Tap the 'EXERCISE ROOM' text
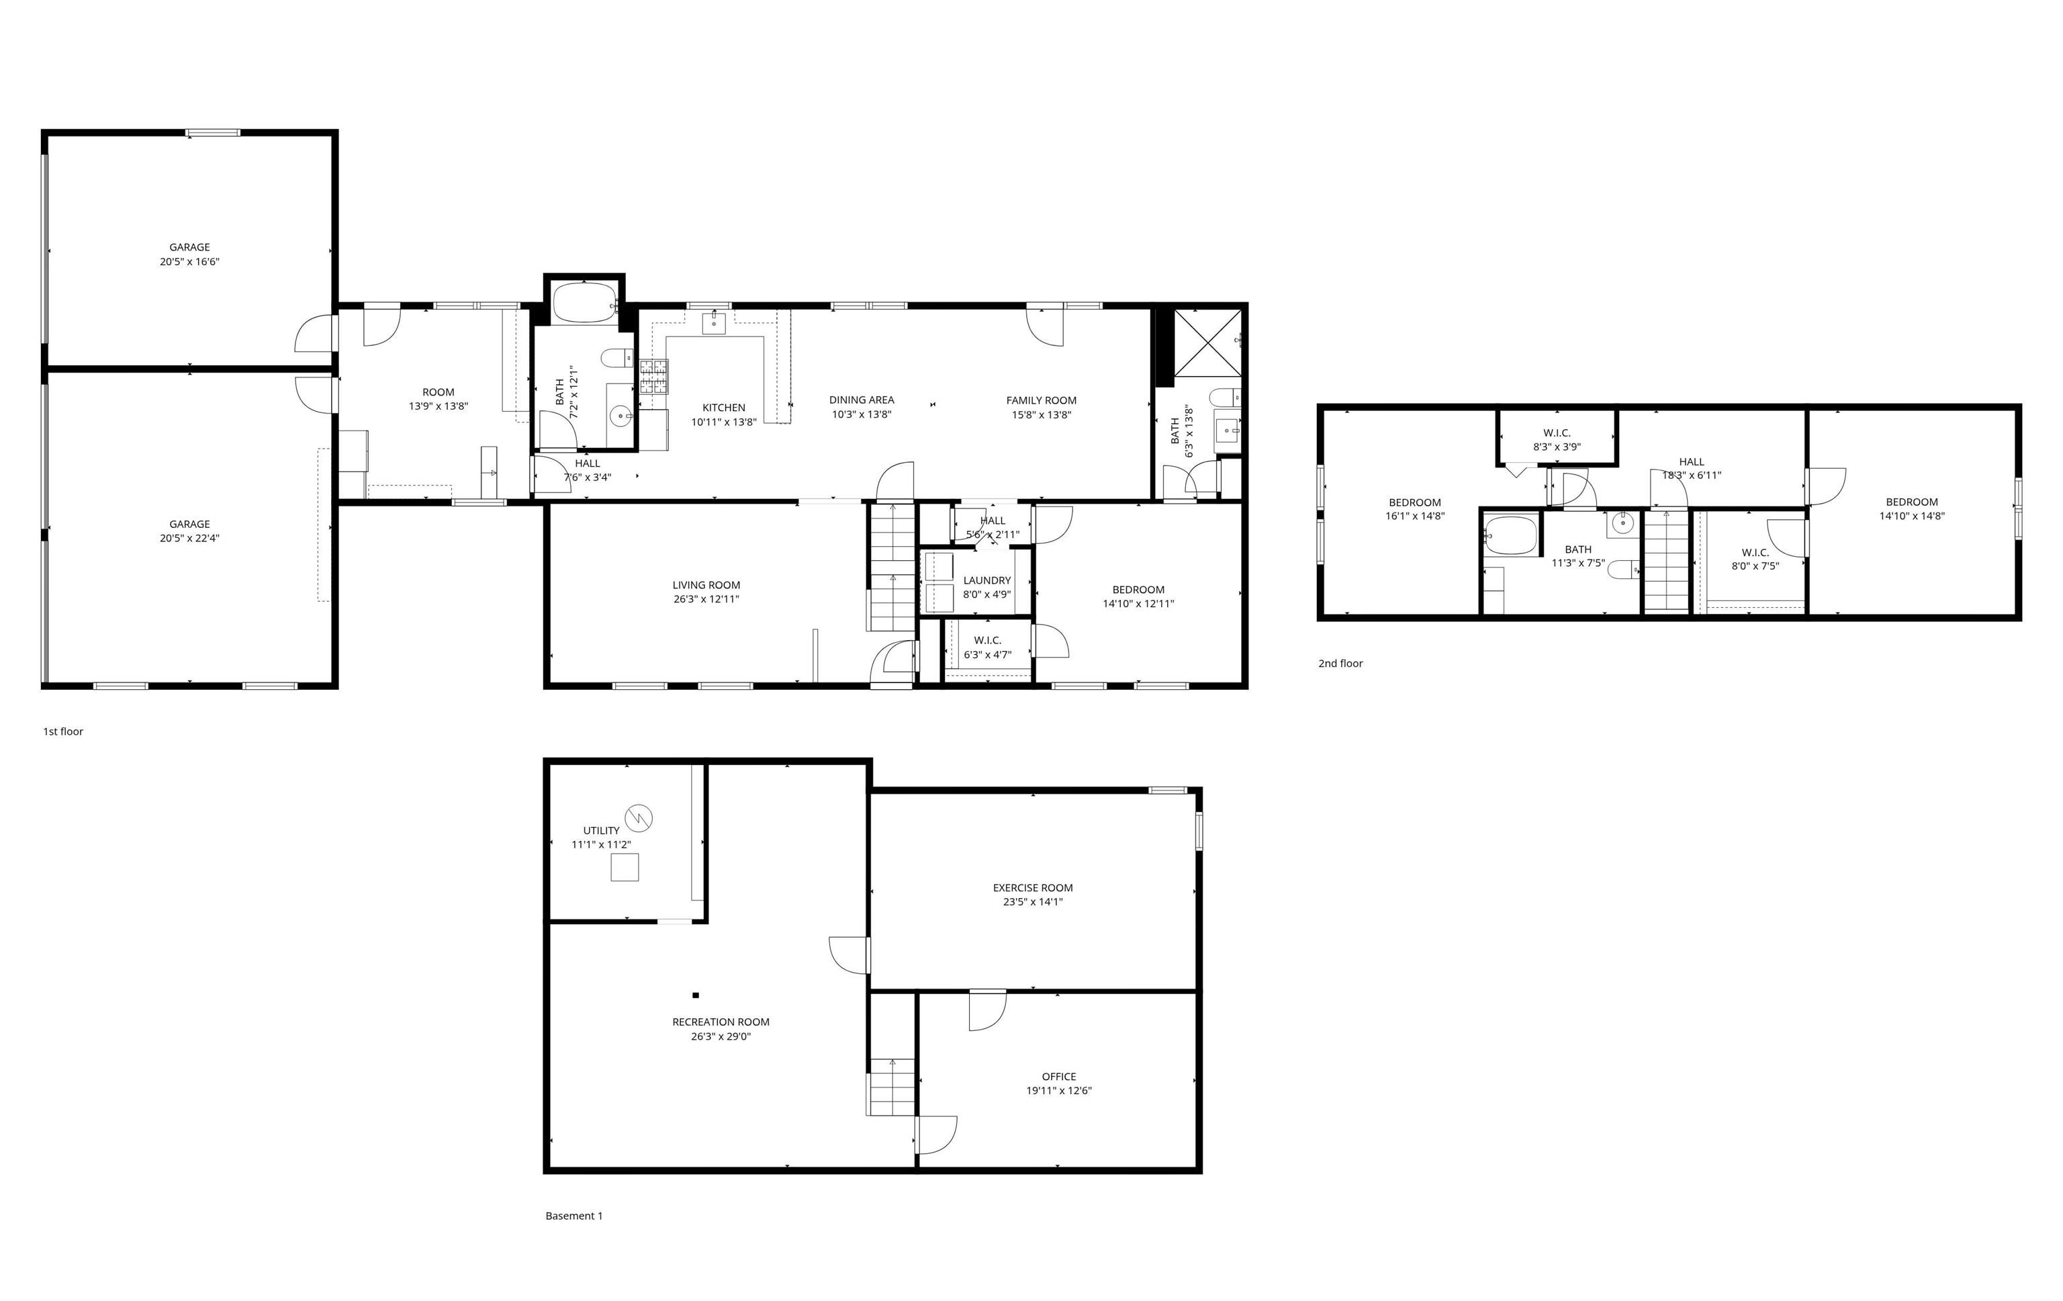[1032, 888]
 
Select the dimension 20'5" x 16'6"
[189, 261]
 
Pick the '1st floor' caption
[63, 731]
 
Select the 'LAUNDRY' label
[987, 580]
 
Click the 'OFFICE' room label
[1059, 1077]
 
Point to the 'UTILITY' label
[602, 830]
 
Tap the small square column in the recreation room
[696, 995]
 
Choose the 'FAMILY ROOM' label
[1041, 400]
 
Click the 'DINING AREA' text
[861, 400]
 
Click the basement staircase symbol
[892, 1087]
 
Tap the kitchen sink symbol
[714, 323]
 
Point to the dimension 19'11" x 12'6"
[1059, 1091]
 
